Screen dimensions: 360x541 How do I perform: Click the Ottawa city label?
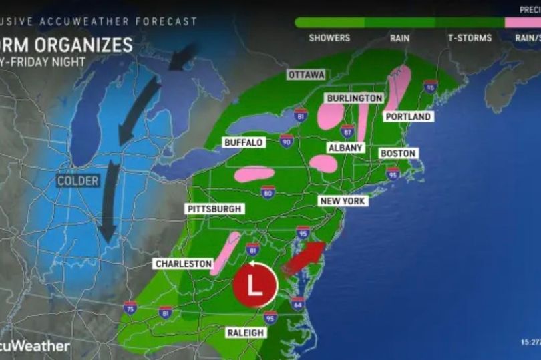(x=307, y=75)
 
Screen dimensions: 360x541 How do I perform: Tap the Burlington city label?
(x=354, y=98)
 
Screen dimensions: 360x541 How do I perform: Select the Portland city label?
(x=408, y=116)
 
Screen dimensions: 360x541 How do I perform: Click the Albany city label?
(x=345, y=147)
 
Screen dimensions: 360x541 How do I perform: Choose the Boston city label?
(x=397, y=153)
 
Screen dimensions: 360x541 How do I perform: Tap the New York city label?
(x=343, y=201)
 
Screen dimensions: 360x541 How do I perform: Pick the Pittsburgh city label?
(x=214, y=209)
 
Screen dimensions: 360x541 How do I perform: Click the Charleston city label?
(x=183, y=264)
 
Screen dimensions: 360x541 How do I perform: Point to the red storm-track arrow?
(x=303, y=258)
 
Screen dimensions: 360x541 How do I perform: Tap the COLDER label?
(x=77, y=181)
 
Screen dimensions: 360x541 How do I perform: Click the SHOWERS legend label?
(x=329, y=38)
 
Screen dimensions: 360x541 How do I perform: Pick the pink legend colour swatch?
(x=522, y=22)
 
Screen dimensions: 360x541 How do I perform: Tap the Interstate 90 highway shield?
(x=287, y=140)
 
